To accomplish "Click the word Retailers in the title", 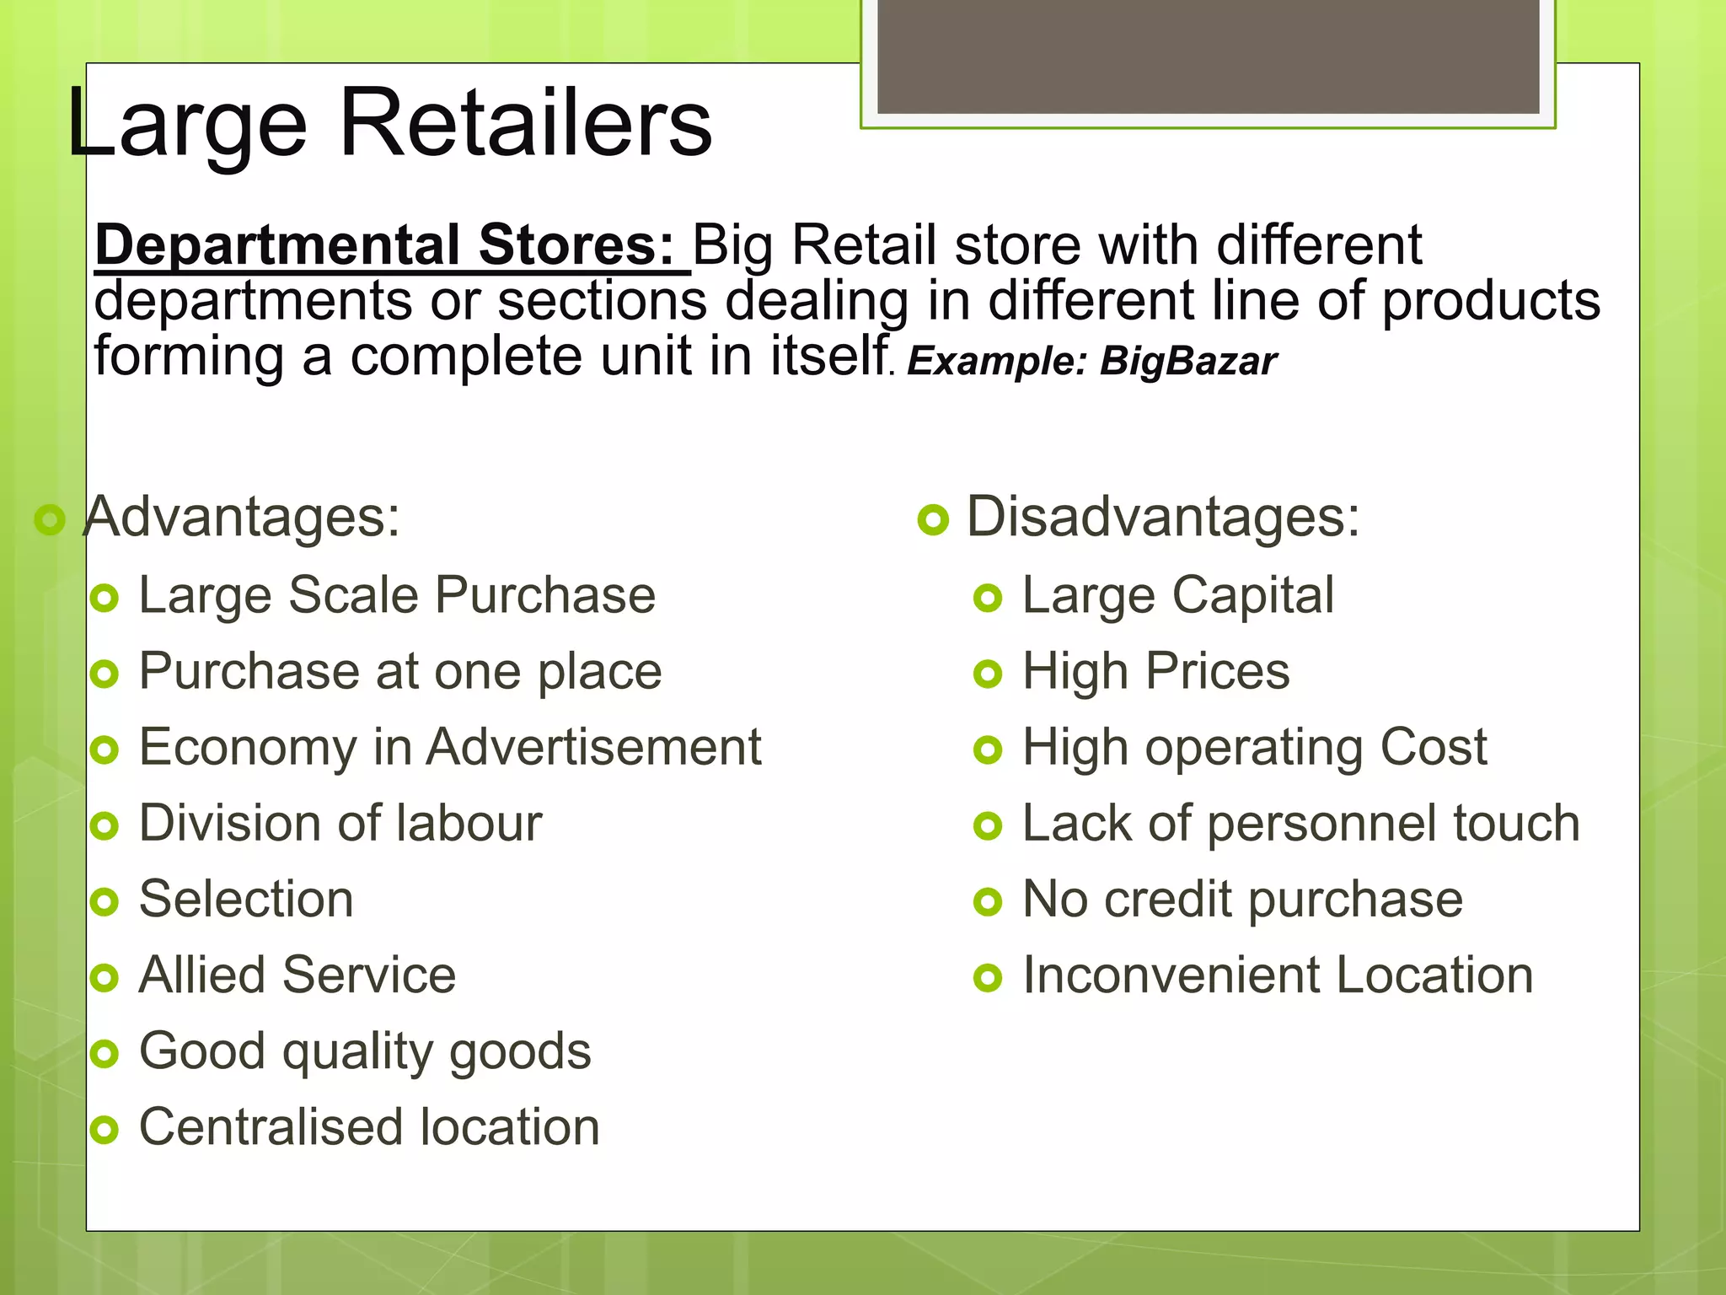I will click(x=525, y=124).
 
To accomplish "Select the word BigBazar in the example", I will click(x=1188, y=361).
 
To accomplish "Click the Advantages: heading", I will click(x=243, y=516).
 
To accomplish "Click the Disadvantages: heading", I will click(x=1162, y=516).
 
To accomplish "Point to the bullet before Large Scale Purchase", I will click(x=105, y=599).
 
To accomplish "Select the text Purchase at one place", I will click(x=400, y=671).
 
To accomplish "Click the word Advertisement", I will click(x=593, y=747).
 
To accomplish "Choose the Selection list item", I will click(x=246, y=899).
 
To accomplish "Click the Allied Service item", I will click(x=297, y=975).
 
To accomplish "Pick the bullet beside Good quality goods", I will click(x=105, y=1054).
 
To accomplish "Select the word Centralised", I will click(x=271, y=1126).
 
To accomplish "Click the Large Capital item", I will click(x=1177, y=595).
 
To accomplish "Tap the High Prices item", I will click(x=1155, y=671).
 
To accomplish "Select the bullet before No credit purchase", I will click(x=988, y=902).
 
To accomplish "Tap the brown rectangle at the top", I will click(x=1208, y=56).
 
